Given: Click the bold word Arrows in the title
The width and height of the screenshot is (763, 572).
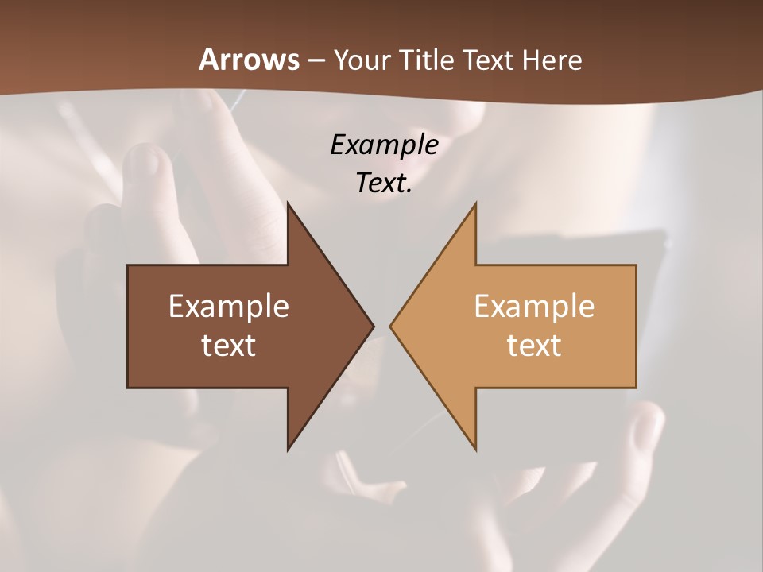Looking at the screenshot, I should (249, 60).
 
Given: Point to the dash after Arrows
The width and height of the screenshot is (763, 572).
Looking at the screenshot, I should (316, 61).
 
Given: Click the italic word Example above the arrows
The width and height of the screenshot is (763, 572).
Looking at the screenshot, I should (384, 145).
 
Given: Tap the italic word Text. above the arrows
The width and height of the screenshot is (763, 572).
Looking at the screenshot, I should (384, 183).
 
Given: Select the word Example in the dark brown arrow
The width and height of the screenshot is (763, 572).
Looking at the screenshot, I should (229, 307).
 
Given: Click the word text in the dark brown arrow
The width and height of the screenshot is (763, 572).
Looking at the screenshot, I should (229, 345).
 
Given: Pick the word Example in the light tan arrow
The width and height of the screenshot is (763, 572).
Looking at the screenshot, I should (534, 307).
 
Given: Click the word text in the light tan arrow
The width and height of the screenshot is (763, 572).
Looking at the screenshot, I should (534, 345).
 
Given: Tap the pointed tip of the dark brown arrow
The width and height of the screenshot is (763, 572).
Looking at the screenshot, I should (372, 326).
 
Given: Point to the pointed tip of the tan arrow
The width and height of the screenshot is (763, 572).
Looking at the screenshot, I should (391, 326).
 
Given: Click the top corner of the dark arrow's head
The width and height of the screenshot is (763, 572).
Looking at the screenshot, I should (289, 205).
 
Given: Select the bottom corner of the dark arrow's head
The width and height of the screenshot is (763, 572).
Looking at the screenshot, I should (289, 448).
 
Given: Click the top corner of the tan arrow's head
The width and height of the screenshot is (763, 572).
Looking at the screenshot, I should (475, 205).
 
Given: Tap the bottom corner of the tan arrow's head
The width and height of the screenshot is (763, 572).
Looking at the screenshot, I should (475, 448).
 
